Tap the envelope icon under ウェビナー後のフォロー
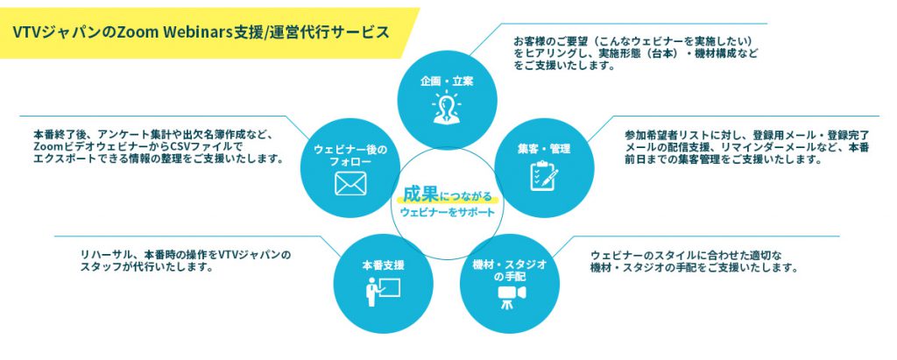point(350,184)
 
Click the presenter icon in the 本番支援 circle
point(383,289)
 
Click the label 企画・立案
point(447,82)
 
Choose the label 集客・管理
point(544,149)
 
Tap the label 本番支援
point(383,263)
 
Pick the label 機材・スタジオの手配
point(508,270)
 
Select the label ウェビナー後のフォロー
point(350,157)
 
